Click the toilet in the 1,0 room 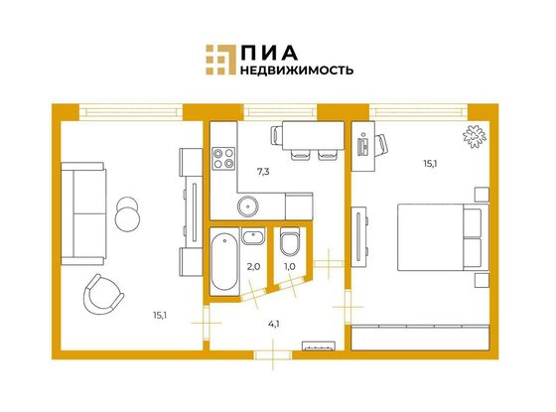tap(290, 241)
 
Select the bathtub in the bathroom tap(224, 263)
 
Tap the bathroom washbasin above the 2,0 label tap(253, 235)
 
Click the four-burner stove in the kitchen tap(223, 158)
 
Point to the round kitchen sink tap(247, 206)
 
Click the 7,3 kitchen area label tap(263, 172)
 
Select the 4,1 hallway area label tap(273, 324)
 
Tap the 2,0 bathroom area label tap(253, 267)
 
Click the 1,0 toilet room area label tap(290, 267)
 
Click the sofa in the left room tap(83, 213)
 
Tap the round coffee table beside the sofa tap(127, 214)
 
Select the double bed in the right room tap(443, 237)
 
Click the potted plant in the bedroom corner tap(475, 136)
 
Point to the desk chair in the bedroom tap(381, 145)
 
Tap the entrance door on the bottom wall tap(273, 355)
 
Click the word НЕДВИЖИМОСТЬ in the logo tap(297, 69)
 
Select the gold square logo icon tap(220, 60)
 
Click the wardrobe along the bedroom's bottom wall tap(420, 338)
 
